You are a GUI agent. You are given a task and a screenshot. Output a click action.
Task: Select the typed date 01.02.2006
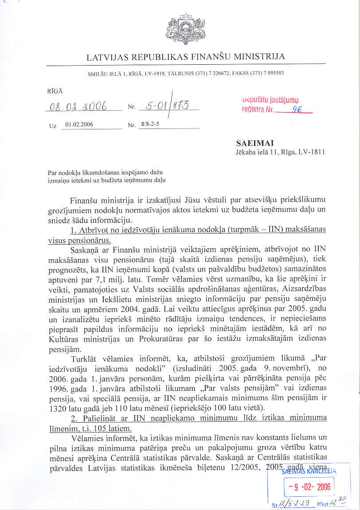pos(79,125)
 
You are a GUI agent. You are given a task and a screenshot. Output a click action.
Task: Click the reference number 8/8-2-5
pos(150,125)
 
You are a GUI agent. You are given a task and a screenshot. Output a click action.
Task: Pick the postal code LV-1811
pos(314,152)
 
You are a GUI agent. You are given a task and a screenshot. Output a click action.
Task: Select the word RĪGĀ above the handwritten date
pos(55,90)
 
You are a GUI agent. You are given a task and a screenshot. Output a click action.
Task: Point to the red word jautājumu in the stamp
pos(284,101)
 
